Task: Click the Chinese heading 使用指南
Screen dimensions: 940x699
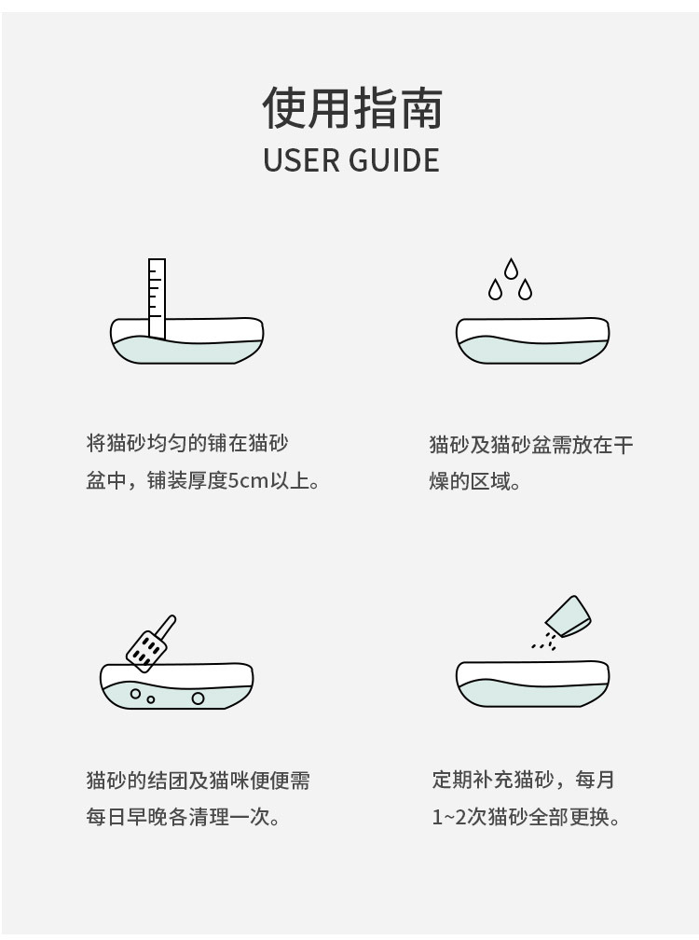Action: [351, 108]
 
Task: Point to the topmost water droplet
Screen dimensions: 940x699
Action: [511, 270]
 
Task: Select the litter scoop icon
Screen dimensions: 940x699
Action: [149, 643]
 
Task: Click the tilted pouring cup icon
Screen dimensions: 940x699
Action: [568, 615]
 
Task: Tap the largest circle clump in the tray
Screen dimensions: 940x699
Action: [198, 698]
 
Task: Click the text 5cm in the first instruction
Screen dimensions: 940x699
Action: [248, 482]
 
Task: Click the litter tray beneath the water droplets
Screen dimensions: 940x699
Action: [532, 341]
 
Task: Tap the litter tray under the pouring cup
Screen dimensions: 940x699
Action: [532, 684]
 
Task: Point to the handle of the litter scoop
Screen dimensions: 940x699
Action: [166, 624]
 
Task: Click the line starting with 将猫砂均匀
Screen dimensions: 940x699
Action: [187, 443]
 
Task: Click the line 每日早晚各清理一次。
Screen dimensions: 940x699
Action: [184, 818]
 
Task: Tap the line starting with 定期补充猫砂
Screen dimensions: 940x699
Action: [524, 780]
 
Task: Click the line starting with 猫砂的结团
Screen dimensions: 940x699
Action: [198, 780]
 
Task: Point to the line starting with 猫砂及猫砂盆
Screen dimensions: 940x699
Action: [531, 444]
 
